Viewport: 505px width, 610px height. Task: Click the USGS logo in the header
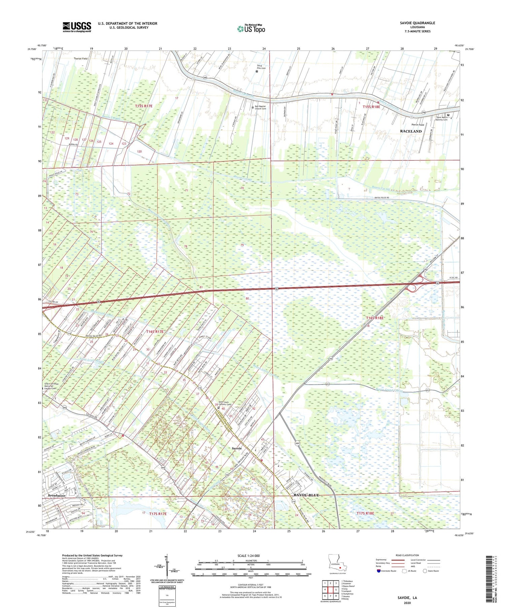(76, 27)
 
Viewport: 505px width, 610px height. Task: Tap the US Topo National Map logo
(251, 29)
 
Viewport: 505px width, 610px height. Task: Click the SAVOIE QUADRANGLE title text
(417, 23)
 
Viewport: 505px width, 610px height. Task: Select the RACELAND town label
(410, 131)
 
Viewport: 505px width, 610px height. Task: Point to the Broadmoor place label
(57, 496)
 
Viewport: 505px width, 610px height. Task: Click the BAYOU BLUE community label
(306, 495)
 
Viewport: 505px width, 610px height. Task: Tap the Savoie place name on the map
(237, 448)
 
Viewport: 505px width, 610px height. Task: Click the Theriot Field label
(80, 59)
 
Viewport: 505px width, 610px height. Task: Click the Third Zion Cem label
(261, 67)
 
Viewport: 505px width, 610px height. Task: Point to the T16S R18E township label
(375, 318)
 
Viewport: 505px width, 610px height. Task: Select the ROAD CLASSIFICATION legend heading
(407, 555)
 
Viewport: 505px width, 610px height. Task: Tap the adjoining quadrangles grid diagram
(330, 587)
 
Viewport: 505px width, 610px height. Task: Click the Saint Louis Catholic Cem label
(226, 403)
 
